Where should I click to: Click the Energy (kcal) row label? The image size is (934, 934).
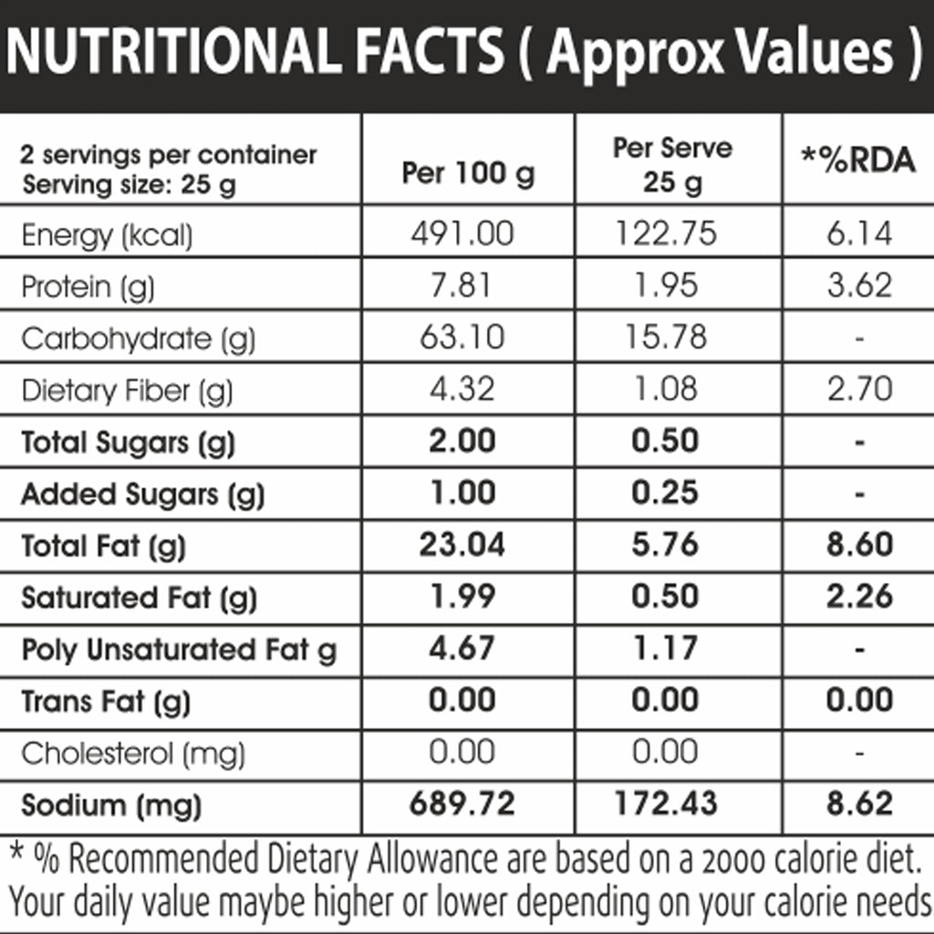click(108, 235)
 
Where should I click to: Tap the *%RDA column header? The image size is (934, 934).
click(858, 161)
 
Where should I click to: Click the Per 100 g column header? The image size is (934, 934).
click(468, 174)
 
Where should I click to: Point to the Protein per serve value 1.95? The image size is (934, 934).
click(665, 285)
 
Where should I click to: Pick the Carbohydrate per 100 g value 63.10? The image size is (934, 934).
click(462, 337)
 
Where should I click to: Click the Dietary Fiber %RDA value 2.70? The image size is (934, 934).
click(859, 389)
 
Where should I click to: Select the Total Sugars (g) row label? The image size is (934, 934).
click(128, 443)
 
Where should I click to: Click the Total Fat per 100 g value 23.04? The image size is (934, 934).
click(462, 545)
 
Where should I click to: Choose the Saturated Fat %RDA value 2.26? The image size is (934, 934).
click(859, 597)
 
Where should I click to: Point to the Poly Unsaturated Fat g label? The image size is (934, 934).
click(180, 649)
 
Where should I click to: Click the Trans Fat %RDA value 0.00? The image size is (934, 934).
click(859, 700)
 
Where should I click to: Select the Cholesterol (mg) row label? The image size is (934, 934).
click(133, 754)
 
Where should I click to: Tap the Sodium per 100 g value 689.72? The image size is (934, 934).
click(462, 803)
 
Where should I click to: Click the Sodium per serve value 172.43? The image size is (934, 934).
click(665, 803)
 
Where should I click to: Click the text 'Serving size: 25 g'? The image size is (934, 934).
click(130, 184)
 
